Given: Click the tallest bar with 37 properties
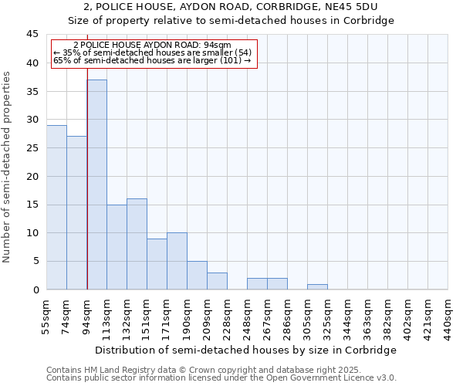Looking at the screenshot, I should point(96,185).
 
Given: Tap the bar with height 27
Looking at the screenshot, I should point(76,212).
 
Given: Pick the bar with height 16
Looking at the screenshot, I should point(137,244).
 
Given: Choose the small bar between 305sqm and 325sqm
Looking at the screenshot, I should point(317,287).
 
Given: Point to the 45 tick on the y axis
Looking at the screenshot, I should point(32,35).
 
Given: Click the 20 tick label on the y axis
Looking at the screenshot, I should point(32,176).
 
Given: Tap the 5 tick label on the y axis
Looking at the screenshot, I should point(35,261).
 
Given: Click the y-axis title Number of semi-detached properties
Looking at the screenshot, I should point(8,167).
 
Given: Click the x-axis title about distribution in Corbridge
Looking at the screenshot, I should point(247,350).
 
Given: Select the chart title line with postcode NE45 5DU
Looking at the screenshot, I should point(231,7).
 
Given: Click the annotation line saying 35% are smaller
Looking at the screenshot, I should point(153,52).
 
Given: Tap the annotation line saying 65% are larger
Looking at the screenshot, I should point(153,60).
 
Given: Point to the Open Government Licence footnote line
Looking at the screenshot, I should point(221,378).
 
